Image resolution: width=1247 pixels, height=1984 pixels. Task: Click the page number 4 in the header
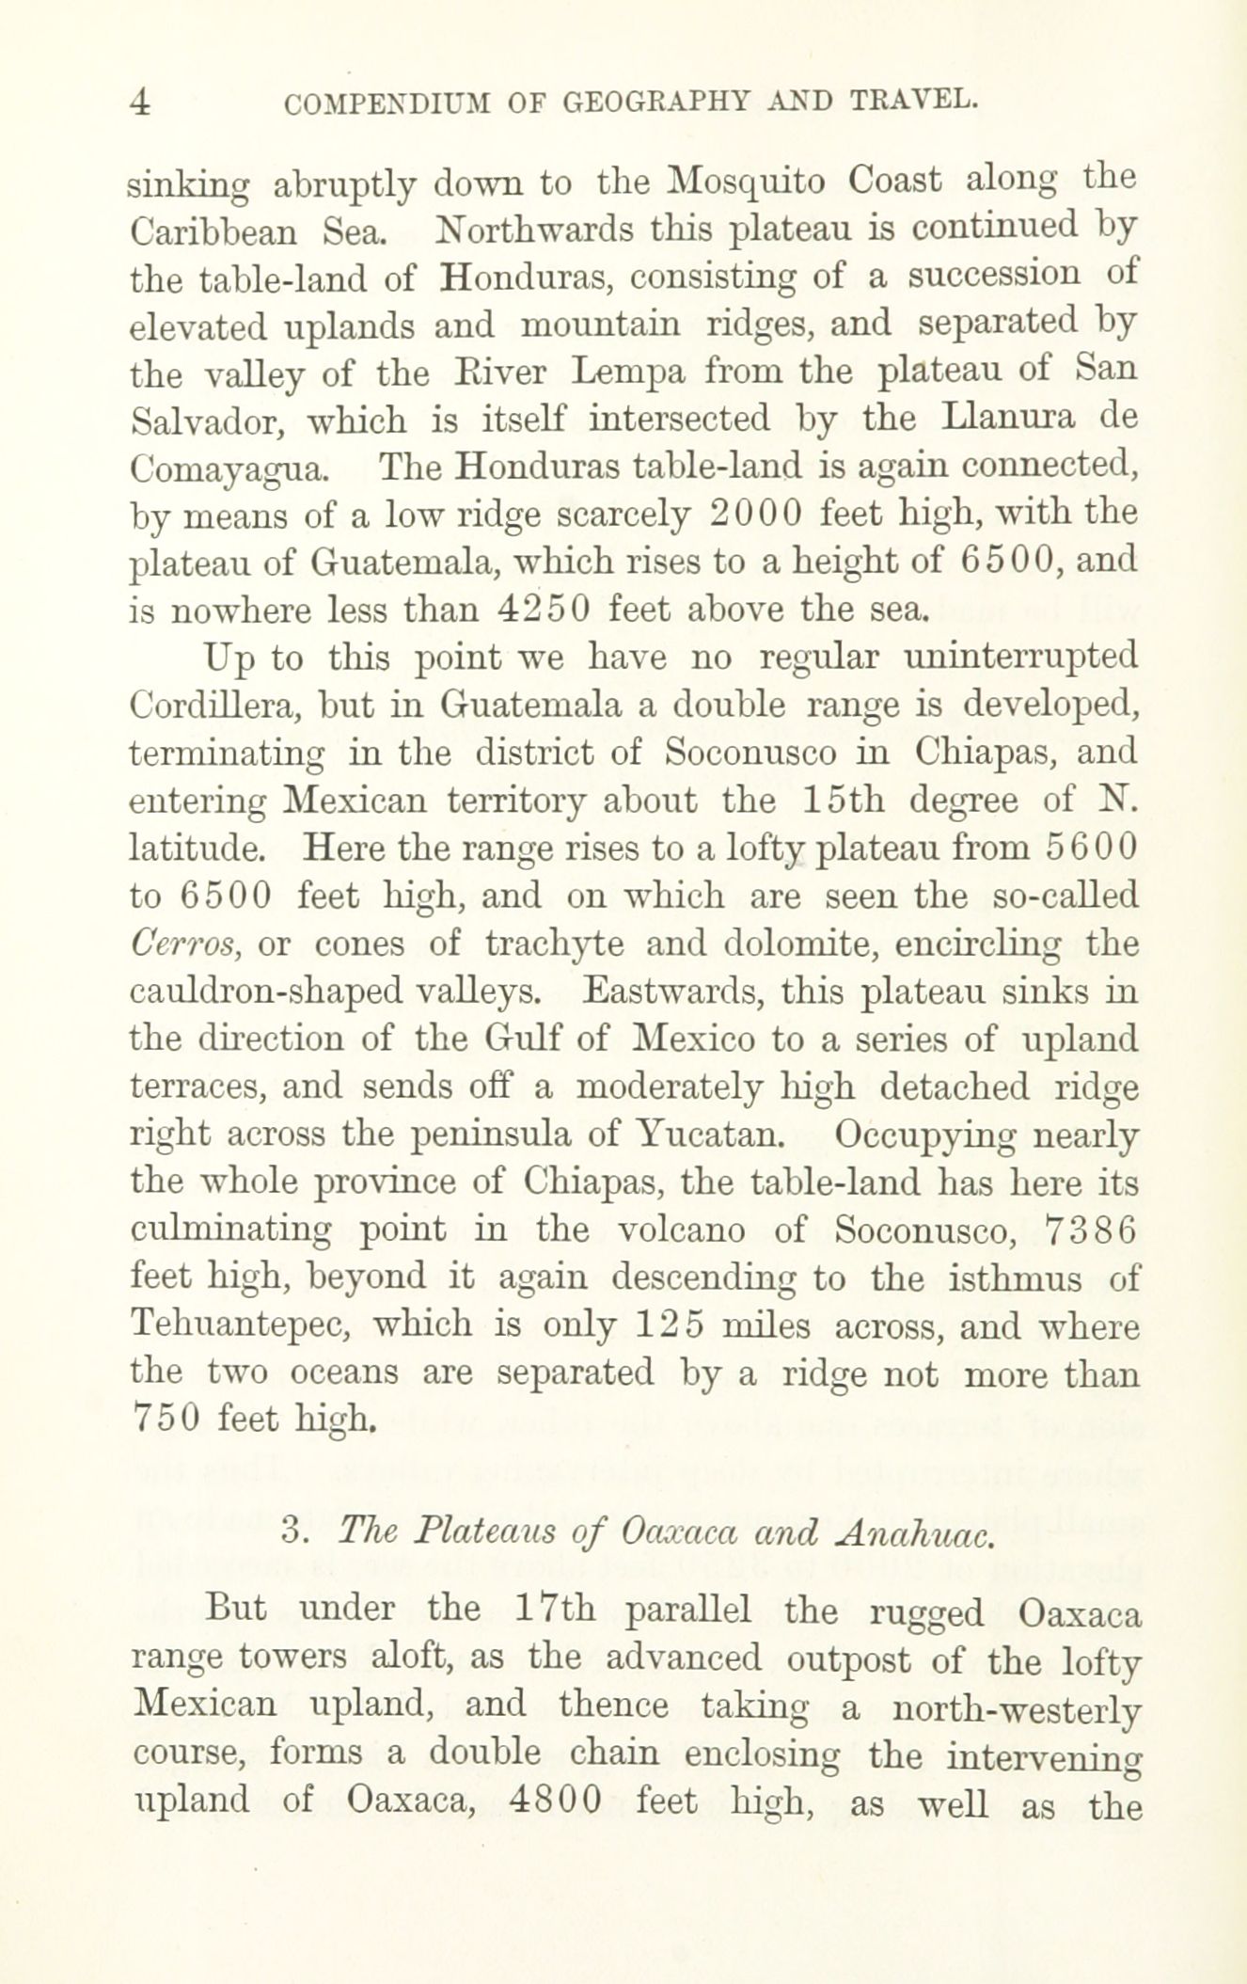140,103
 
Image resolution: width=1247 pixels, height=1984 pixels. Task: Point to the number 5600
1091,849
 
